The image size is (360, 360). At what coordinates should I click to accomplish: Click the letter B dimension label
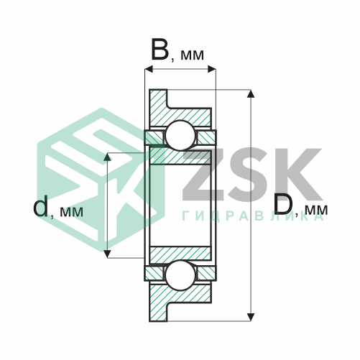(160, 50)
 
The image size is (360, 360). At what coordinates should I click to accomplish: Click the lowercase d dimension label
(40, 206)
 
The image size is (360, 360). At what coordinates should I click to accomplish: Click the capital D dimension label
(283, 204)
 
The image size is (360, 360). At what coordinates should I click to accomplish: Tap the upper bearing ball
(180, 135)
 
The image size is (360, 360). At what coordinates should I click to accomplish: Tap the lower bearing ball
(180, 275)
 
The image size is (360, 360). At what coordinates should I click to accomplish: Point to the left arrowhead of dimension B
(149, 69)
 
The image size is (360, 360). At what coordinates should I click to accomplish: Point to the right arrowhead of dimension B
(212, 69)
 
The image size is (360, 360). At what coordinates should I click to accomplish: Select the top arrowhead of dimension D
(251, 93)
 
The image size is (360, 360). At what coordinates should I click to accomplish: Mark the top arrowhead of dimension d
(108, 157)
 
